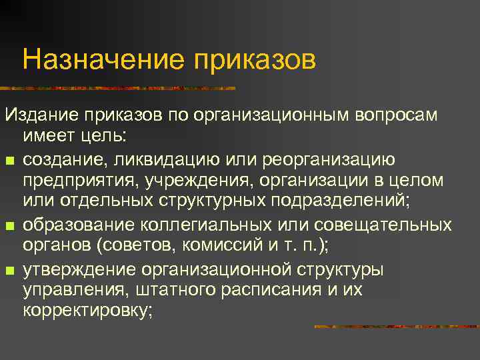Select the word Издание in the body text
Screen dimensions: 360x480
pyautogui.click(x=41, y=115)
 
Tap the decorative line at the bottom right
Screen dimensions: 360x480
pyautogui.click(x=396, y=327)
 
